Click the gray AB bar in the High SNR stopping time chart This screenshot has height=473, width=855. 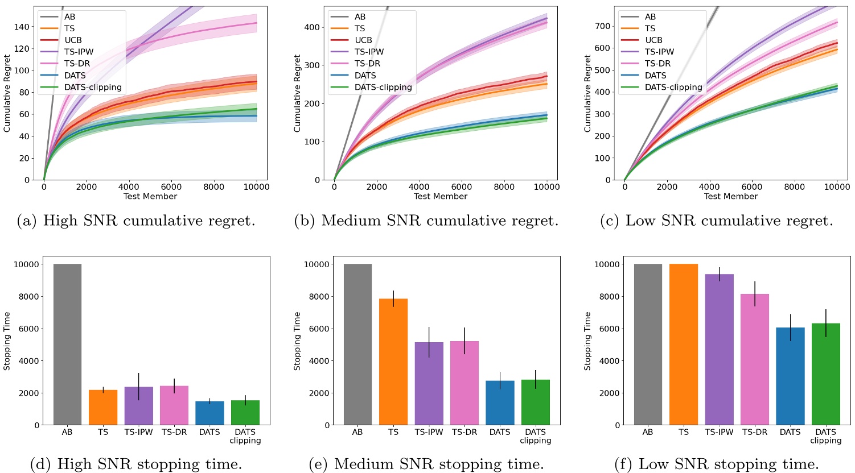[x=67, y=344]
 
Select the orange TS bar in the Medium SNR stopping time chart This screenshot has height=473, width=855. [x=393, y=362]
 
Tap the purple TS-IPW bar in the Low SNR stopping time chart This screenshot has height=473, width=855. [x=719, y=349]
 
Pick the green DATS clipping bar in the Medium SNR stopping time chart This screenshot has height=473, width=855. [x=536, y=402]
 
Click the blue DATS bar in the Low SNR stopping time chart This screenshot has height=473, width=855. [x=790, y=376]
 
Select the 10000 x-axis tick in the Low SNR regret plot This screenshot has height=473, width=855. [x=837, y=186]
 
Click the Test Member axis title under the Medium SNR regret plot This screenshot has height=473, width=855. [x=441, y=196]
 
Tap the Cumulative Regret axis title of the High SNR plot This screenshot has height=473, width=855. [x=7, y=94]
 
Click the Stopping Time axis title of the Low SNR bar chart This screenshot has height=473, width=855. [x=587, y=341]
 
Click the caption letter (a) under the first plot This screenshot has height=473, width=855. [x=28, y=221]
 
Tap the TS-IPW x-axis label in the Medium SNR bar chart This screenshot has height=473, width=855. [x=429, y=432]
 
